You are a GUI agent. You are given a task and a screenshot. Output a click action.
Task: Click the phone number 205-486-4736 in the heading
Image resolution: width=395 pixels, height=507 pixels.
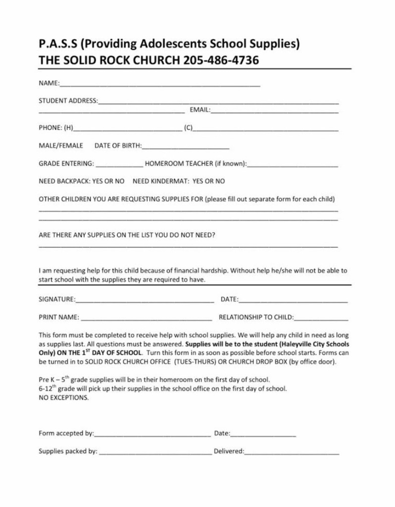tap(221, 60)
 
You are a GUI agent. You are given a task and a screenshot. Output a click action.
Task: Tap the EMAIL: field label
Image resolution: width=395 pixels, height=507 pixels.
tap(200, 110)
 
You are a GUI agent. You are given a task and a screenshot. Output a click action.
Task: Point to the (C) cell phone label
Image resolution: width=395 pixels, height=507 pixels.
tap(188, 128)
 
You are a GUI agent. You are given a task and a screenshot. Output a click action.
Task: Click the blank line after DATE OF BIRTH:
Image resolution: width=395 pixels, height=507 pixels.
tap(186, 148)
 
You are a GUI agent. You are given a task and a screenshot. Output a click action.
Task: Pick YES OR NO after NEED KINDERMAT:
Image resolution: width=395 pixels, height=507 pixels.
tap(208, 181)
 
